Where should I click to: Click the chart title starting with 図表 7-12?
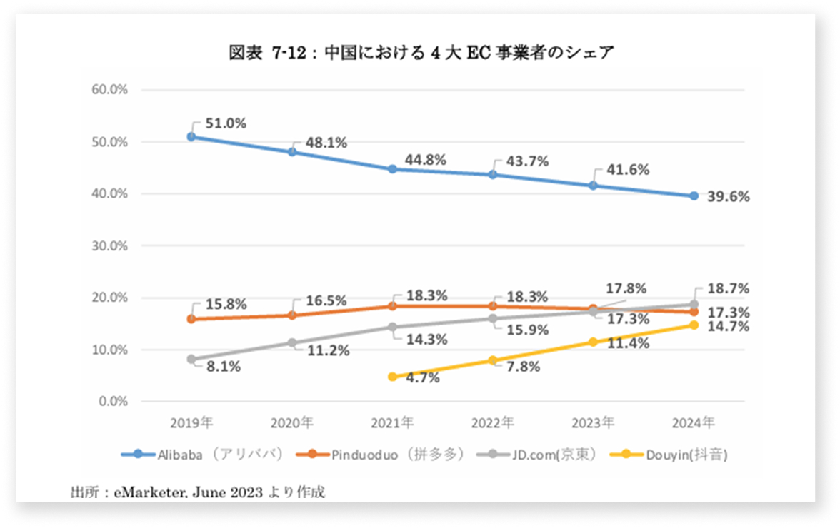(421, 54)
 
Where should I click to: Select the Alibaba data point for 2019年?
(191, 136)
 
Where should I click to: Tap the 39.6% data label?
(729, 198)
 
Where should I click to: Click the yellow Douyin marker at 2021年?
(392, 377)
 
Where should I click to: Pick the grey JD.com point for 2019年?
(191, 360)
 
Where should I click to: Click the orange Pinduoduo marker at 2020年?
(292, 315)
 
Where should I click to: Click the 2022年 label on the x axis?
(493, 422)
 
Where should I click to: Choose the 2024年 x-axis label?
(694, 422)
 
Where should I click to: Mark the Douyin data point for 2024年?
(694, 325)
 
